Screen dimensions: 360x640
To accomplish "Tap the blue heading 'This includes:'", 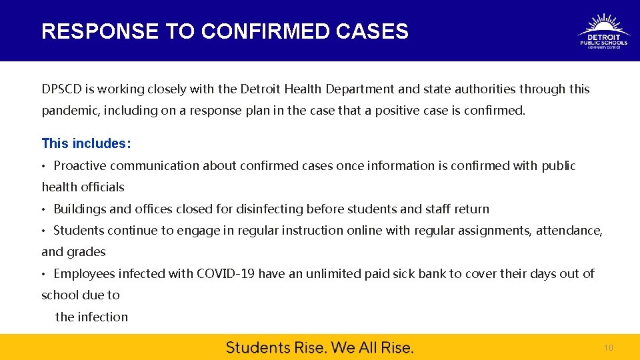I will click(86, 143).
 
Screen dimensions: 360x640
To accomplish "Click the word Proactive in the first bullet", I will click(80, 165).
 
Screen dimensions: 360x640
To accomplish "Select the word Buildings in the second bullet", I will click(80, 209).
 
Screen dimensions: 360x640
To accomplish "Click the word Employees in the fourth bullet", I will click(83, 273).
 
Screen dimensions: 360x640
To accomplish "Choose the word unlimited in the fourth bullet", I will click(333, 273).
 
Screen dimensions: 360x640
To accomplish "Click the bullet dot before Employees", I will click(44, 274).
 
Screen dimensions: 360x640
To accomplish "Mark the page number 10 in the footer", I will click(608, 348).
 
